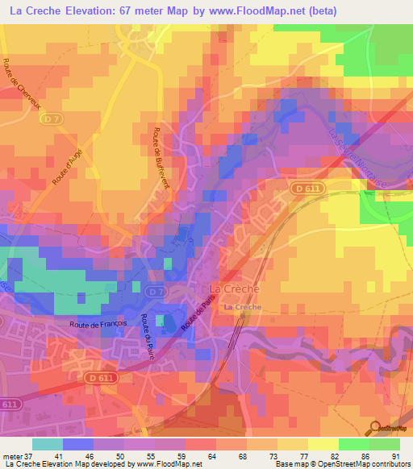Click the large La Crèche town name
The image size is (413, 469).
(x=234, y=289)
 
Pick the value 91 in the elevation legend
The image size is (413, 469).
(x=395, y=454)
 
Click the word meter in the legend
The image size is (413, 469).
(x=13, y=454)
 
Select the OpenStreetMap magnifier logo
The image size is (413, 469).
(x=373, y=427)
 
